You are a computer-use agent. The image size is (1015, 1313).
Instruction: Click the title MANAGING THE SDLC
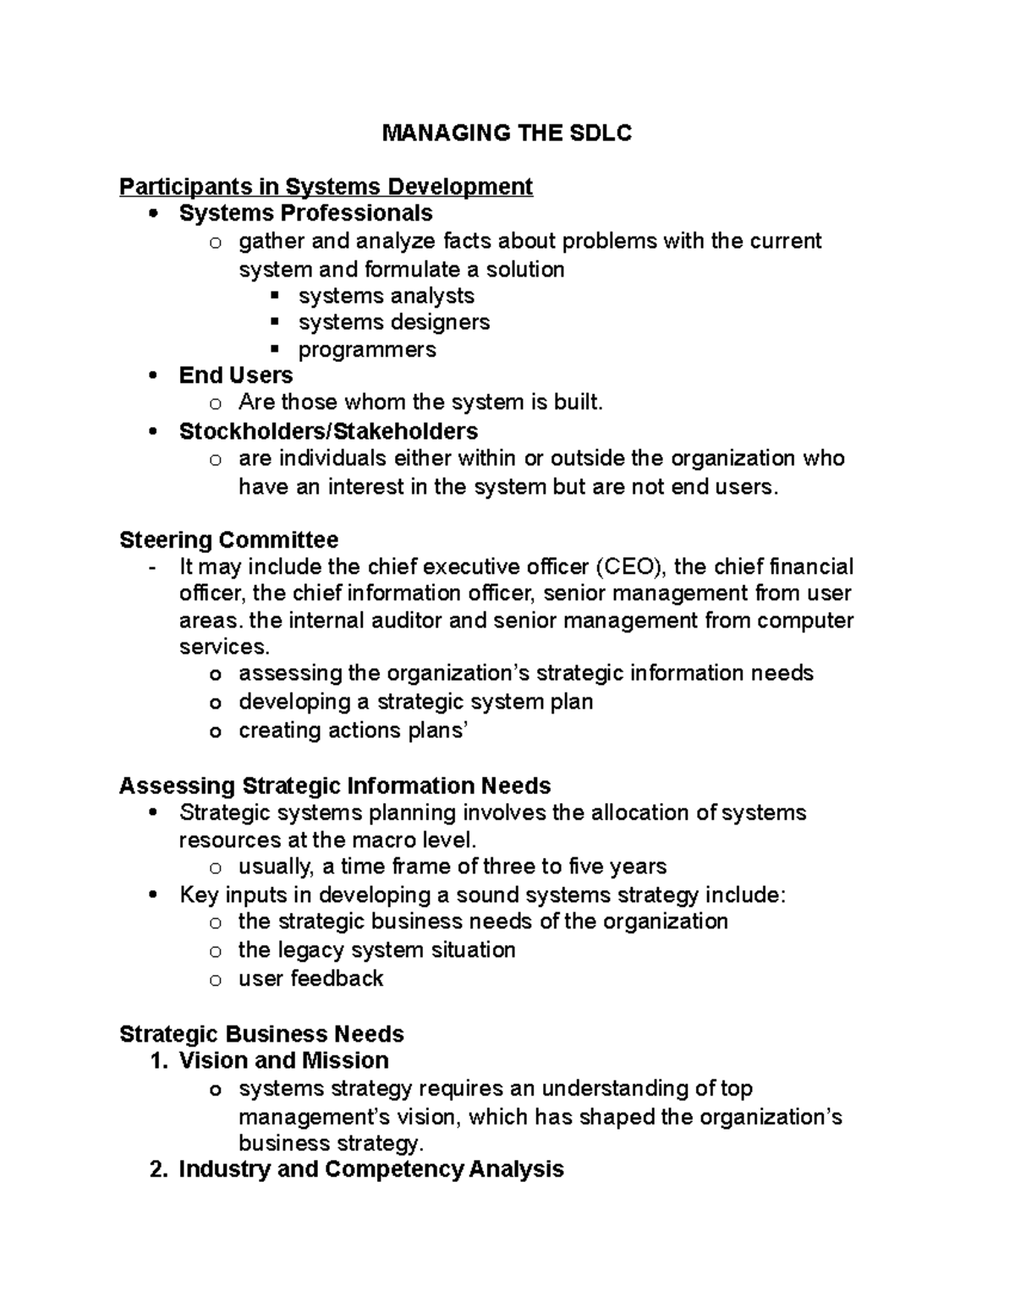click(x=507, y=133)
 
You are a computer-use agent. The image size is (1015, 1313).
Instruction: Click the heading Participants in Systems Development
click(x=326, y=186)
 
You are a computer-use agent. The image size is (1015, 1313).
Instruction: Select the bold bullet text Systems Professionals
click(x=305, y=213)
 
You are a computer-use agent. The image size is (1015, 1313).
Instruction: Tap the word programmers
click(x=367, y=349)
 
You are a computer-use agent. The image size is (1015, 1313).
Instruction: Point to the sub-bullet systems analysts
click(x=386, y=296)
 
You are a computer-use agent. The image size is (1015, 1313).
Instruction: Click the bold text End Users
click(x=235, y=375)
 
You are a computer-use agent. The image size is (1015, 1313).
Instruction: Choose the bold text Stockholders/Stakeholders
click(x=328, y=431)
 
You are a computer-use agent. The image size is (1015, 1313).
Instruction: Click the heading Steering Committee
click(x=228, y=539)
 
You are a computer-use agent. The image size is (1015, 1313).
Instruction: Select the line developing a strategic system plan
click(x=415, y=702)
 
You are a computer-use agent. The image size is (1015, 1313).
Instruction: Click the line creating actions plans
click(x=353, y=730)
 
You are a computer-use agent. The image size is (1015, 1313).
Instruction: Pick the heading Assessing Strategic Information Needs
click(x=334, y=785)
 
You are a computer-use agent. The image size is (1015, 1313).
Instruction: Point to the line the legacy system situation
click(x=376, y=949)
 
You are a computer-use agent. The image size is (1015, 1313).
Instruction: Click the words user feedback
click(x=310, y=978)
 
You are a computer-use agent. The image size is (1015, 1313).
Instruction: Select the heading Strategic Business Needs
click(x=261, y=1034)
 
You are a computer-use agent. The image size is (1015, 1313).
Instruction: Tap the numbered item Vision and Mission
click(x=283, y=1060)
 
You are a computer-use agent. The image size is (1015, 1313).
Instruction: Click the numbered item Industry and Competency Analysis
click(x=370, y=1169)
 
